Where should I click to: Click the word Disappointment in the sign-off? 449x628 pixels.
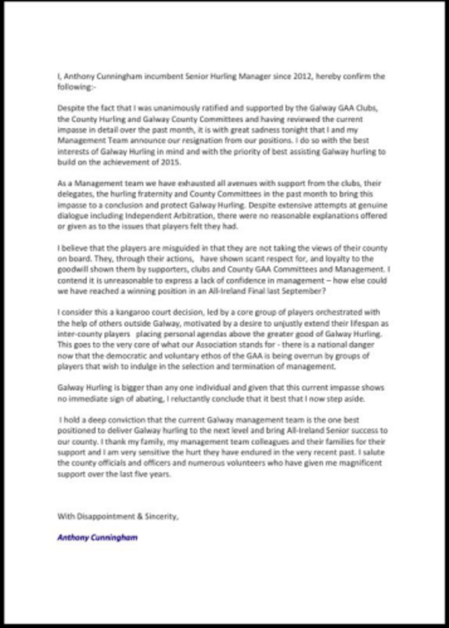click(x=107, y=516)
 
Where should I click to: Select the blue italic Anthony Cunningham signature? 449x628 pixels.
click(x=97, y=536)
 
